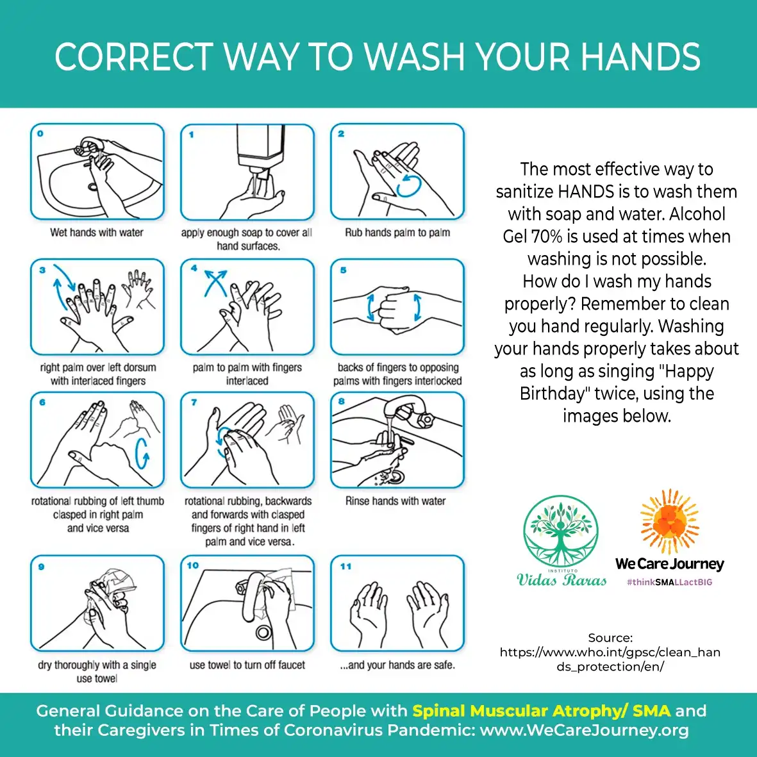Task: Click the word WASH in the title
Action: pyautogui.click(x=413, y=57)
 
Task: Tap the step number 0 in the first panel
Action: pyautogui.click(x=40, y=133)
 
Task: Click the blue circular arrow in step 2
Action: pyautogui.click(x=408, y=186)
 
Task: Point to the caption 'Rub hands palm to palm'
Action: pyautogui.click(x=397, y=233)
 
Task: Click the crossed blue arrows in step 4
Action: pyautogui.click(x=215, y=283)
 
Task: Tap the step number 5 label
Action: pyautogui.click(x=344, y=270)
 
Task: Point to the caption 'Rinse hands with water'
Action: pyautogui.click(x=395, y=501)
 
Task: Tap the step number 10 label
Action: pyautogui.click(x=193, y=565)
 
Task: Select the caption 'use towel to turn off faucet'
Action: pyautogui.click(x=247, y=665)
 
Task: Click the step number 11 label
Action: pyautogui.click(x=345, y=566)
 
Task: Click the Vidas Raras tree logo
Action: pyautogui.click(x=561, y=531)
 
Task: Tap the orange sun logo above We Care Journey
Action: pyautogui.click(x=670, y=521)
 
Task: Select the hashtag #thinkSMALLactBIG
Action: pyautogui.click(x=670, y=582)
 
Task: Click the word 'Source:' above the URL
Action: pyautogui.click(x=610, y=638)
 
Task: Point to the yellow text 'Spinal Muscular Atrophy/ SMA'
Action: pyautogui.click(x=541, y=711)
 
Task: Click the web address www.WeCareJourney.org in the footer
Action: pyautogui.click(x=584, y=730)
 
